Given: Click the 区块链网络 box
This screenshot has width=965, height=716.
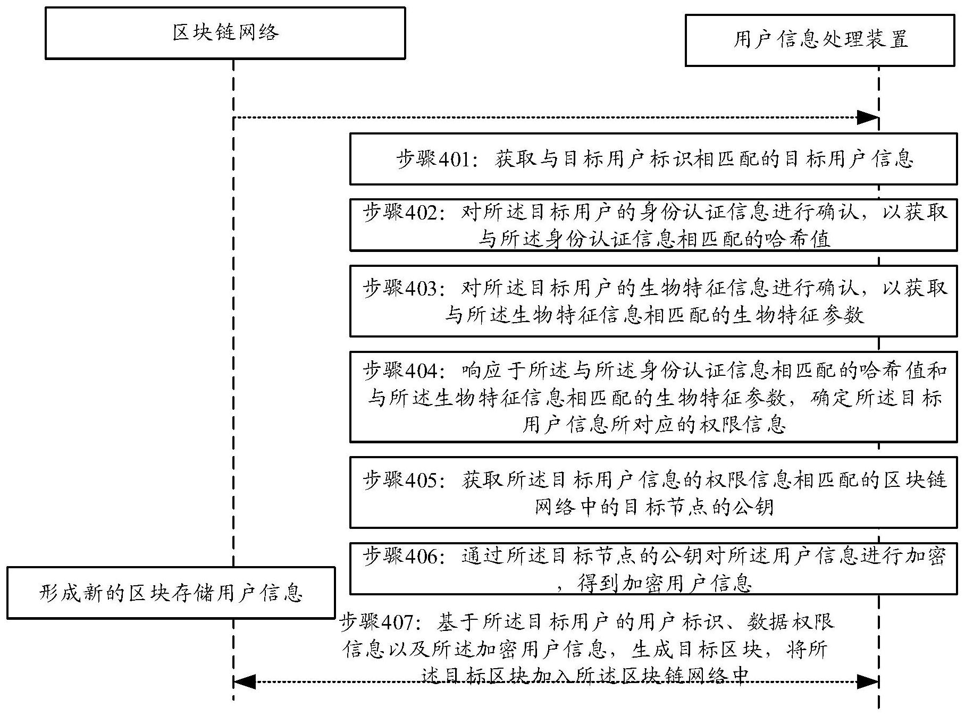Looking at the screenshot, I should (x=225, y=33).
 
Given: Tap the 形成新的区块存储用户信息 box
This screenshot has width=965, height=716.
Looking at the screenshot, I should (x=171, y=593).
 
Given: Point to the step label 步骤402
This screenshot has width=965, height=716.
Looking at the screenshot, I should (x=400, y=213).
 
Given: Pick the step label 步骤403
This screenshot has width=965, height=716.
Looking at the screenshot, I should (x=400, y=289).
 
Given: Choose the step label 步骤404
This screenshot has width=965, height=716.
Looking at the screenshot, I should (x=400, y=370).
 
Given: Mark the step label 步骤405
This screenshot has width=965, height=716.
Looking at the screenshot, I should (x=400, y=480).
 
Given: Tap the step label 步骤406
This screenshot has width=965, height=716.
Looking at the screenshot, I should (x=400, y=556).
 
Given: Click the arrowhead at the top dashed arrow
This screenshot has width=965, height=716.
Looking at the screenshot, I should (x=867, y=118).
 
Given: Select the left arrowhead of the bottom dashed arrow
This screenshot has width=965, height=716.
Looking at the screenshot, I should (x=244, y=681).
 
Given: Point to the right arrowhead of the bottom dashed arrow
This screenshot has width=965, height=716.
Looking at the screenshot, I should (x=867, y=681).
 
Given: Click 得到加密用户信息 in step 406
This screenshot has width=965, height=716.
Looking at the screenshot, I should (x=665, y=584).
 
